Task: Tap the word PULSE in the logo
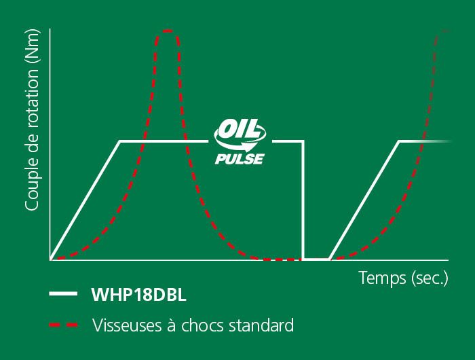240,159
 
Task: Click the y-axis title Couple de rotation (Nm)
32,120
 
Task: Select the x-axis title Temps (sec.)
403,278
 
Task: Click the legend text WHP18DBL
138,294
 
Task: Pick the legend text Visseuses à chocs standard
193,325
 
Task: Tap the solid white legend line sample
63,293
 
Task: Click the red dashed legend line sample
63,325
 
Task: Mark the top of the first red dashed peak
168,31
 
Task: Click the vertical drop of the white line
303,200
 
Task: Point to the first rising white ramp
85,200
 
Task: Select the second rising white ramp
364,200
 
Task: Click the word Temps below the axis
382,278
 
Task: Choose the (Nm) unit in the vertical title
32,46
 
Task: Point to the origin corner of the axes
50,260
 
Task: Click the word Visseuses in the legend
127,325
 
